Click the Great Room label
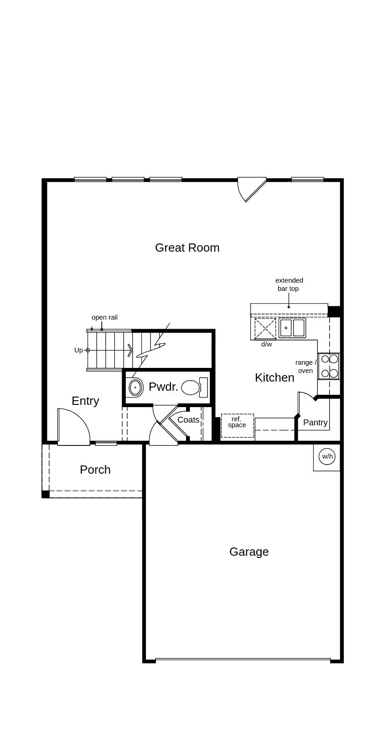pos(187,248)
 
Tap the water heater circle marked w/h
pos(327,456)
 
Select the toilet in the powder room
pos(191,388)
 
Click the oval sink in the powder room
pos(135,388)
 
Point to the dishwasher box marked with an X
pos(265,328)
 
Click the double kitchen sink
pos(292,328)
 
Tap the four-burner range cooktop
pos(329,366)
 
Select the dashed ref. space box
pos(237,426)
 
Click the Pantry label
pos(315,423)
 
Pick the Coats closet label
pos(188,420)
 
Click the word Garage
pos(249,552)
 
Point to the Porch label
pos(95,470)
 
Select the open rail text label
pos(104,317)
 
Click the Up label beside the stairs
pos(78,350)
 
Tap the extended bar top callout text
pos(289,284)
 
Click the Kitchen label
pos(274,377)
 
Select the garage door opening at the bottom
pos(243,660)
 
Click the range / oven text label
pos(305,367)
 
